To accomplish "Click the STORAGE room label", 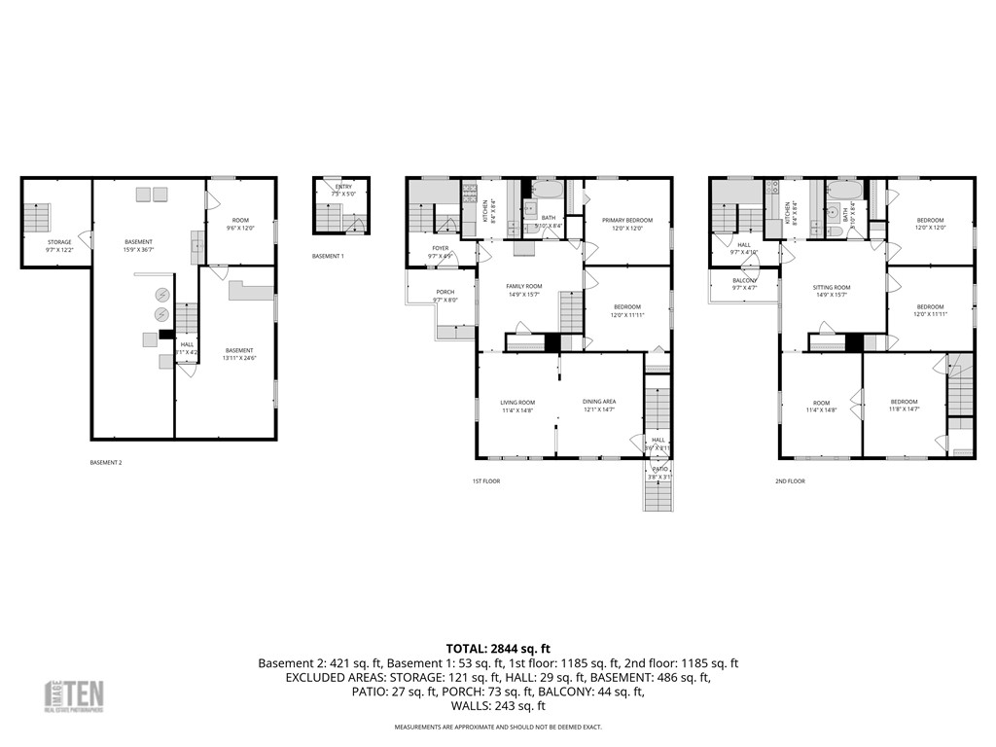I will [59, 242].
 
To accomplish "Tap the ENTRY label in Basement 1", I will [343, 187].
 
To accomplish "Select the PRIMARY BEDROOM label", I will [626, 221].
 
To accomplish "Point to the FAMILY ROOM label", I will [523, 286].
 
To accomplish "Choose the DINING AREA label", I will [598, 402].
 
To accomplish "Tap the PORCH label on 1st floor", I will [445, 293].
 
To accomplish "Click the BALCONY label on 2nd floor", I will [744, 281].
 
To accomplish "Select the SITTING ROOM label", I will [832, 288].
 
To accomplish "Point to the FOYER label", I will [441, 249].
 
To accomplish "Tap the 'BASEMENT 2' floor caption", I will [105, 463].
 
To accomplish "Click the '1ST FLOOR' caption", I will [486, 481].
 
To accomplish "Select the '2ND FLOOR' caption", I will [790, 481].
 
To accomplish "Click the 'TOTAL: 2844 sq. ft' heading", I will [498, 648].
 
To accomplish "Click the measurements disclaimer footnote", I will [498, 728].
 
